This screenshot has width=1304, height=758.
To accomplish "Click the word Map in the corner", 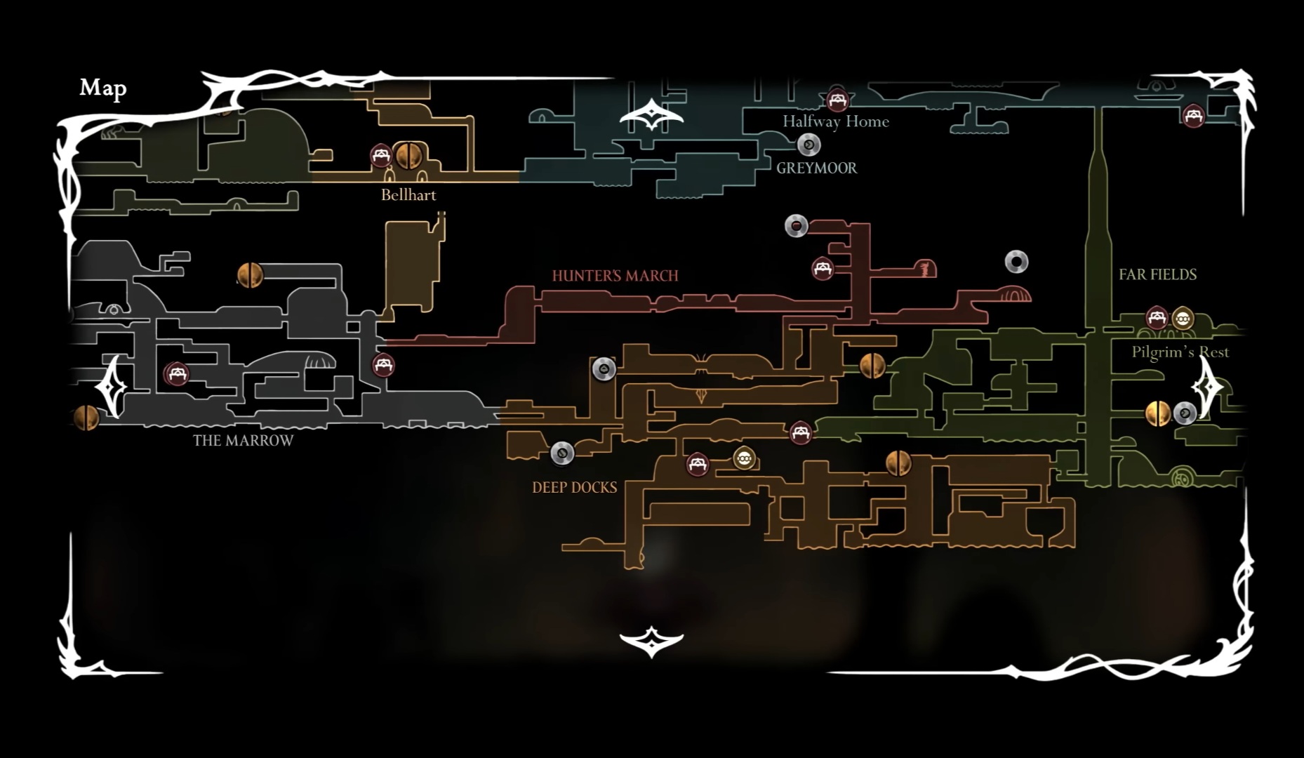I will (103, 88).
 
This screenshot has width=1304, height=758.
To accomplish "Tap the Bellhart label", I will (408, 195).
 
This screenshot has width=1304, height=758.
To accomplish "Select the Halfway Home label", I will (835, 121).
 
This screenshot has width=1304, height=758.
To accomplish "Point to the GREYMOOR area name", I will (816, 168).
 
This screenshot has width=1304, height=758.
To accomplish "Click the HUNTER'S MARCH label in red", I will (615, 276).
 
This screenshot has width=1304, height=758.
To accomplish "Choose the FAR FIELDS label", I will (1157, 274).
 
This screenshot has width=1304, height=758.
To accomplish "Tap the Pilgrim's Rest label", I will (1180, 352).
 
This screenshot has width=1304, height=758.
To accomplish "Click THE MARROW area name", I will (243, 441).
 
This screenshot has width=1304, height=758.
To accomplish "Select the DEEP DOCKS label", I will (574, 488).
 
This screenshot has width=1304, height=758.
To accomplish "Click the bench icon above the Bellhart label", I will (381, 155).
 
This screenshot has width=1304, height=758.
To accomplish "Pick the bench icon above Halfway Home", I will (836, 100).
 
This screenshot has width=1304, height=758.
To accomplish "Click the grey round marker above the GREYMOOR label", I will (809, 145).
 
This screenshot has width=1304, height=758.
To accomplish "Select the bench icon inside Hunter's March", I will (823, 268).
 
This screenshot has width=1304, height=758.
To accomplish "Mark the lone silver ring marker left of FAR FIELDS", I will (1016, 262).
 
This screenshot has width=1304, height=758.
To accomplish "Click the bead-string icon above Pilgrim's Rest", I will (1183, 319).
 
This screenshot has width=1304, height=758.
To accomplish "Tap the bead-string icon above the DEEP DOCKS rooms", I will (744, 459).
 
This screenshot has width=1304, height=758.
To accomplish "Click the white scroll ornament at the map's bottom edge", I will (651, 641).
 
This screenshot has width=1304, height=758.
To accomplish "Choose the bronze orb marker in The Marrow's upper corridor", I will (250, 275).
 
